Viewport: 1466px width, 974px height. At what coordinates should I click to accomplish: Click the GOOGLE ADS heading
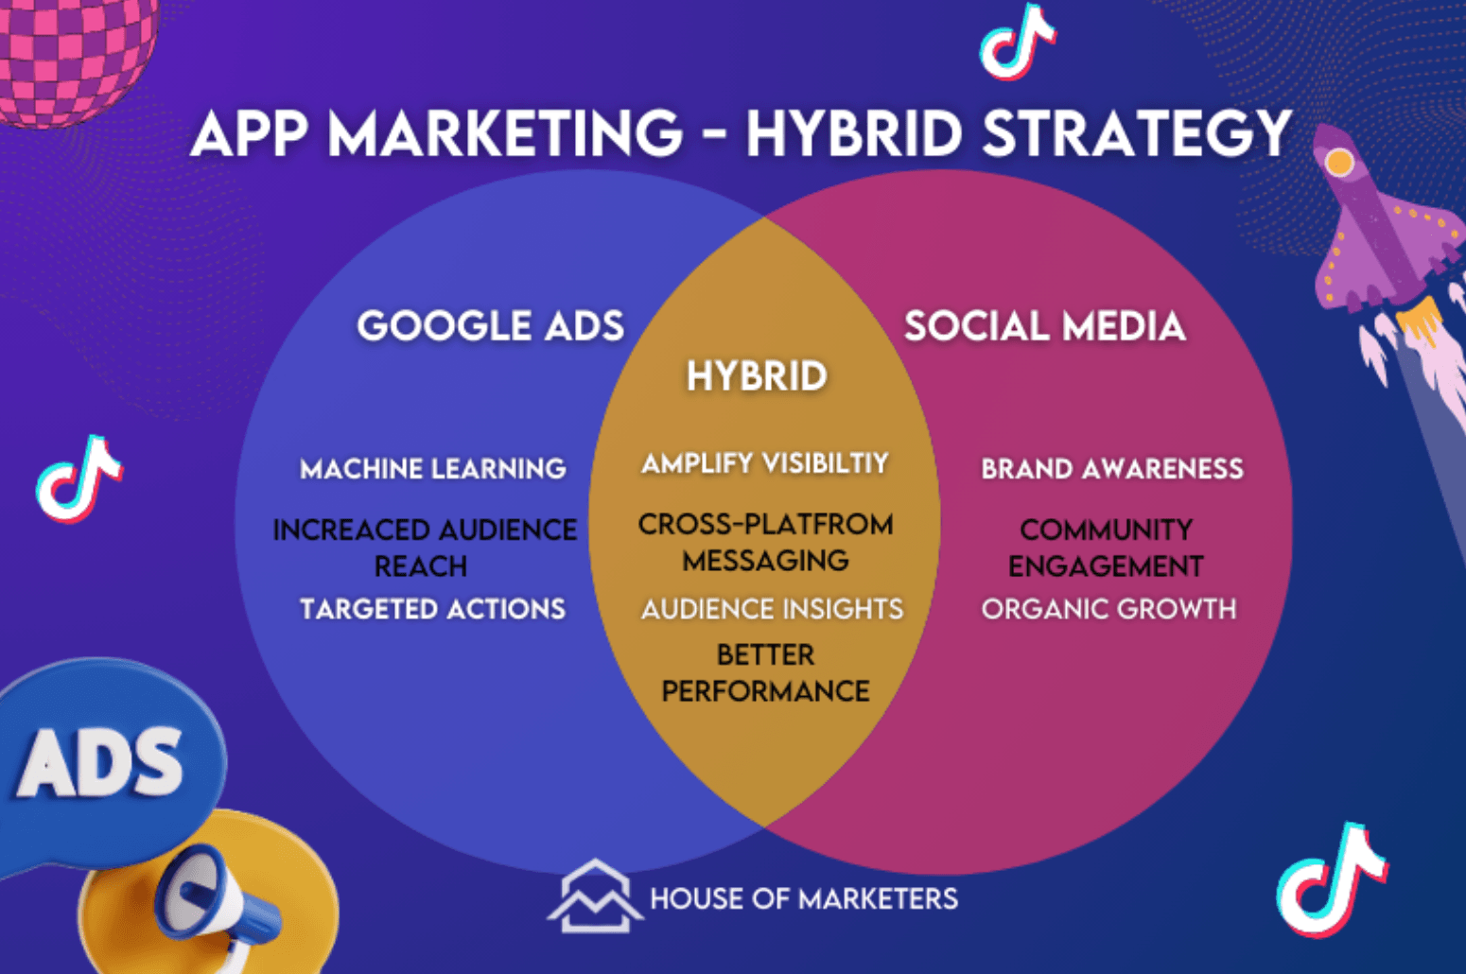coord(490,325)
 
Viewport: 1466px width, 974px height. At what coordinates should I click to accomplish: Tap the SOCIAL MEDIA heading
coord(1044,325)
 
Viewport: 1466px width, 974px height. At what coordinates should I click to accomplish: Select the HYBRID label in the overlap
coord(758,376)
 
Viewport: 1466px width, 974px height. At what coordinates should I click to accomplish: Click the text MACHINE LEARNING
coord(432,469)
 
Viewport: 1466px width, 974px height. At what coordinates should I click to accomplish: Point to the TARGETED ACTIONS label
coord(432,609)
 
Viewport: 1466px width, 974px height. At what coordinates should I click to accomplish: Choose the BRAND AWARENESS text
coord(1112,469)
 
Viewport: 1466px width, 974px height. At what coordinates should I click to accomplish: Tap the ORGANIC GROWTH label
coord(1108,609)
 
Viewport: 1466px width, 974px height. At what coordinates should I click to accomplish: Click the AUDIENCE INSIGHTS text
coord(772,609)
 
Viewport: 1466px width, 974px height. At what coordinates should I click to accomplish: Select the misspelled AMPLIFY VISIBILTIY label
coord(764,463)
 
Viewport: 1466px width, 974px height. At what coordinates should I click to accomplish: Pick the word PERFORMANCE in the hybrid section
coord(765,690)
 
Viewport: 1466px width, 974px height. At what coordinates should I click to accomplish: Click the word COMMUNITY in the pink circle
coord(1106,530)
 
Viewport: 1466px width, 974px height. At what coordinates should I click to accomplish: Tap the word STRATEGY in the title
coord(1138,133)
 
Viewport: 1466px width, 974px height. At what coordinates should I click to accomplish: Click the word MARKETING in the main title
coord(505,133)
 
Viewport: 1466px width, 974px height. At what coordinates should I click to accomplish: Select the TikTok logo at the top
coord(1017,42)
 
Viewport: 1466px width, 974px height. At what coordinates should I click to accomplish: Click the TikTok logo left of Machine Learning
coord(79,479)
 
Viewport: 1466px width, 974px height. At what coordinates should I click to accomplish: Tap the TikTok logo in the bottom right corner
coord(1331,879)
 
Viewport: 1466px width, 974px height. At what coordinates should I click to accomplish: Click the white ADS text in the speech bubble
coord(99,763)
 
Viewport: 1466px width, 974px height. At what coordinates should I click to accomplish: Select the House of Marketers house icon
coord(595,896)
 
